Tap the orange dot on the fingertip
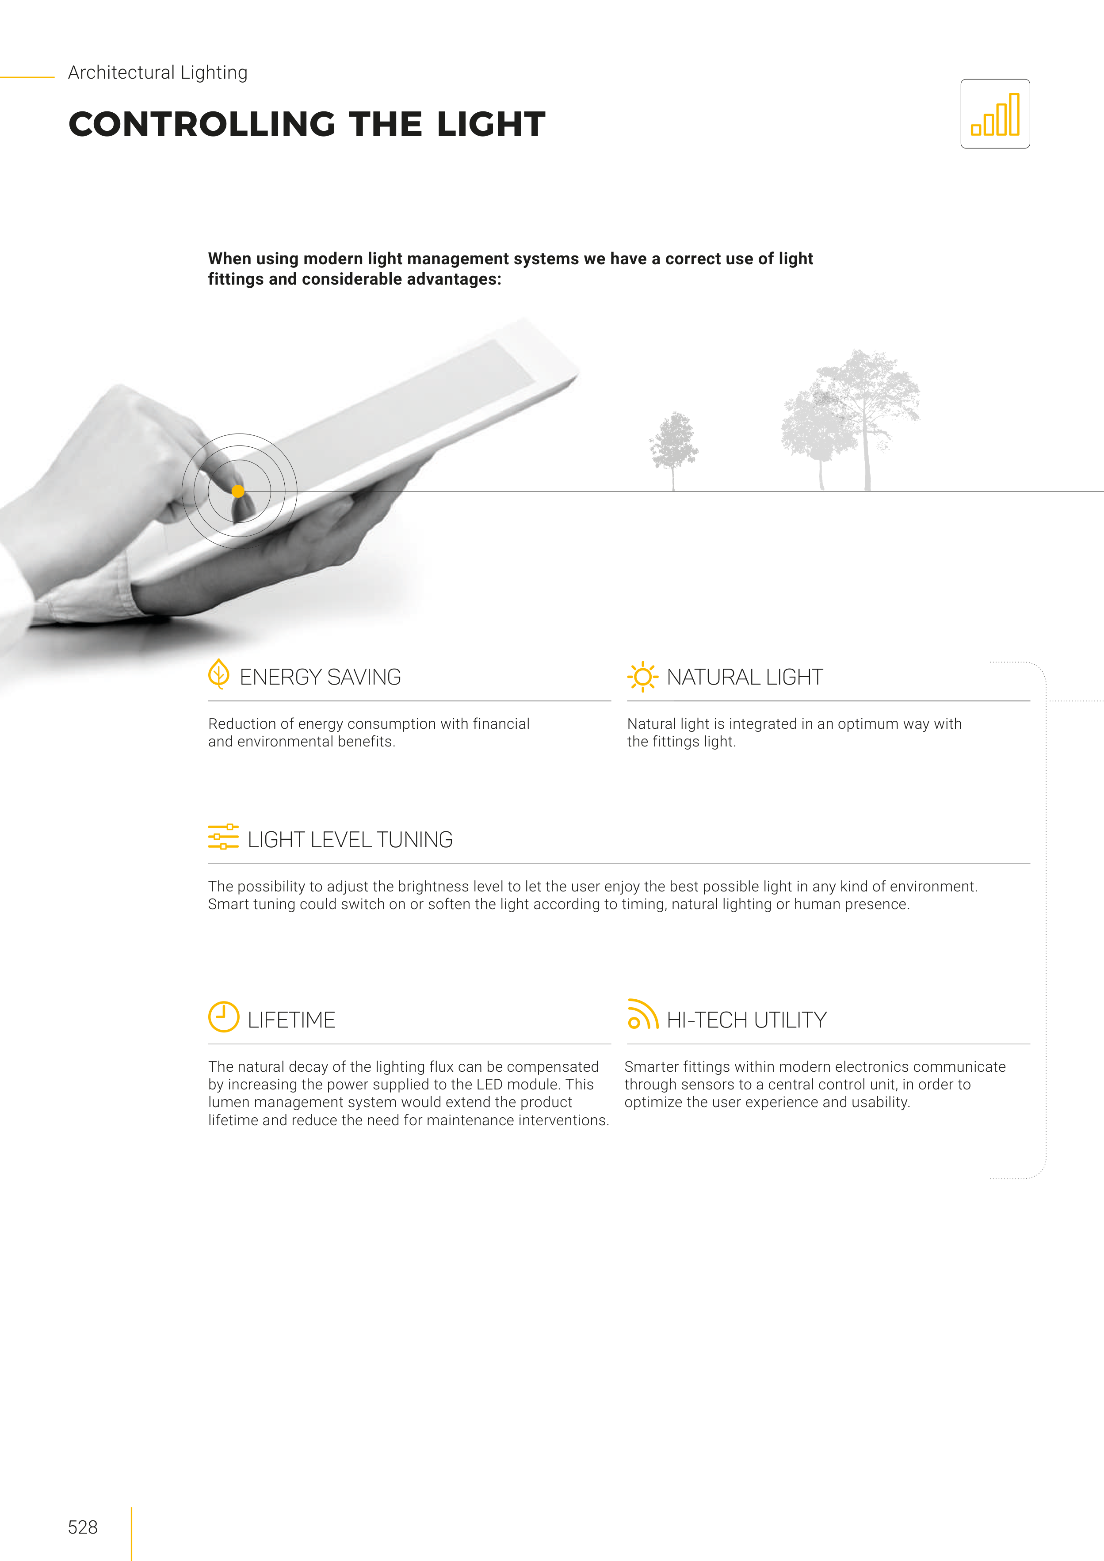(238, 491)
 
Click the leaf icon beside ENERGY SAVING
(218, 674)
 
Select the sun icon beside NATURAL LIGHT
(642, 677)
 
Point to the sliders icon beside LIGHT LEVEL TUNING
(223, 837)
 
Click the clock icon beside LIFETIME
(223, 1017)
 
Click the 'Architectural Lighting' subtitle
(158, 73)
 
